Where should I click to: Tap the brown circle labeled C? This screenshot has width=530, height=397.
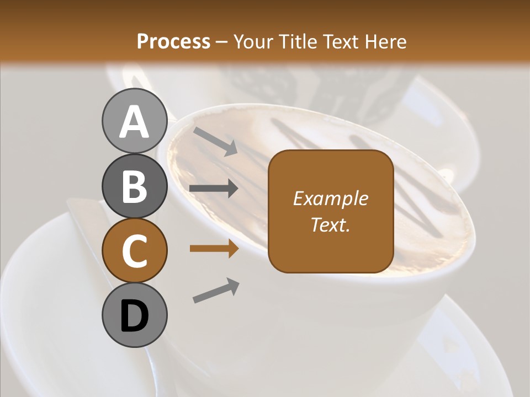134,250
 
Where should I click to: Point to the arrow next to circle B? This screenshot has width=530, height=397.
214,189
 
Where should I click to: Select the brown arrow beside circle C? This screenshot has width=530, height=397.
214,249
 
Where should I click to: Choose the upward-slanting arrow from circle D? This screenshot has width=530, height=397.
216,290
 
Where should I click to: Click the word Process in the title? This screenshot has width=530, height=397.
173,42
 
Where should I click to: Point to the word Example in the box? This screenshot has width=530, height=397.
330,199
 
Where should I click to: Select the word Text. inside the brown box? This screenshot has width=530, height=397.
330,224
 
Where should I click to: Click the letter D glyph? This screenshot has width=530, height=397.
134,316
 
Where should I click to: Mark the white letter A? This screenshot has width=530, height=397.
134,122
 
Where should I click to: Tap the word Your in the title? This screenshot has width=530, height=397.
253,42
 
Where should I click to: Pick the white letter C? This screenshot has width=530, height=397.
134,251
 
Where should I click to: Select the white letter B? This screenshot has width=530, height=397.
134,186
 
